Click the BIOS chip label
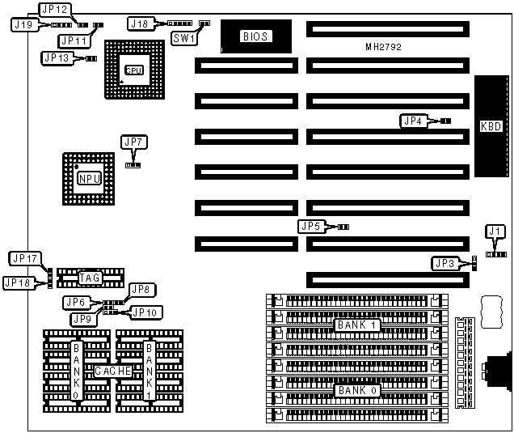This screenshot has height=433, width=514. [x=255, y=36]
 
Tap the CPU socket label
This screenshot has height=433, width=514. [x=134, y=70]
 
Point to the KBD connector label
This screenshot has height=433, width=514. [x=491, y=126]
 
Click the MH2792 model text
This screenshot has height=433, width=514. [x=383, y=48]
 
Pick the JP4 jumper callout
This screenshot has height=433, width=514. [x=412, y=121]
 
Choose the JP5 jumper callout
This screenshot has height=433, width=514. [x=310, y=227]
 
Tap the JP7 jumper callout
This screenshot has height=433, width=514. [x=133, y=142]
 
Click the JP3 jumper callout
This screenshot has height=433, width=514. [x=444, y=263]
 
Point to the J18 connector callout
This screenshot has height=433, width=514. [x=140, y=24]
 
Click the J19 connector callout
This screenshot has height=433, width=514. [x=23, y=25]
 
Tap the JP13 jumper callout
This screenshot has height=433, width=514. [x=57, y=57]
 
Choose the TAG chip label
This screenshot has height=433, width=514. [x=89, y=278]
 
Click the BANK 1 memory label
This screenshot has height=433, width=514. [x=357, y=325]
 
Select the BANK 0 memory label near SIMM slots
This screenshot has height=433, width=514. [x=357, y=390]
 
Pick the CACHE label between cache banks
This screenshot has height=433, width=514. [x=112, y=371]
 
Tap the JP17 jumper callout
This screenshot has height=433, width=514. [x=24, y=258]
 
